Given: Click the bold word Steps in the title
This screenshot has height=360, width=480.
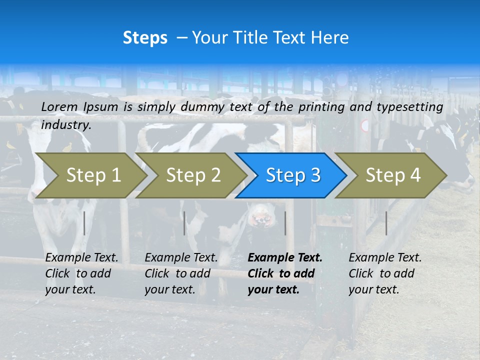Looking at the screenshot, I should coord(145,38).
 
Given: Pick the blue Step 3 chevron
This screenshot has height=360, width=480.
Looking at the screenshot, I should coord(292,175).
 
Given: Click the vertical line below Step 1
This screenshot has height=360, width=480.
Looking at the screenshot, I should coord(84,223).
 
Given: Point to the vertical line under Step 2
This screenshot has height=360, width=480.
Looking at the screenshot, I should coord(184,223).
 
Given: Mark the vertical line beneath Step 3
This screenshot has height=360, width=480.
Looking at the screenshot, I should coord(285,223).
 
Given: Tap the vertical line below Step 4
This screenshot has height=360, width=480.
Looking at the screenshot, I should coord(386,223).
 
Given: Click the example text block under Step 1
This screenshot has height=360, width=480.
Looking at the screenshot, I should coord(81,273).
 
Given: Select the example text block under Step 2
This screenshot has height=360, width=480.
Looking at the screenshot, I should coord(181,273).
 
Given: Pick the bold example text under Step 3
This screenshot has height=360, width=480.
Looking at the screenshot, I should coord(284,273).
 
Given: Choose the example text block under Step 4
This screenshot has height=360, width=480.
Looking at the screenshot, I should coord(385,273).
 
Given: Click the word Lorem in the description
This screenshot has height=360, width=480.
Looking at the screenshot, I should coord(59,107).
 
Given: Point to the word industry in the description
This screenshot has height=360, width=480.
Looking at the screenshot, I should coord(66,125).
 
